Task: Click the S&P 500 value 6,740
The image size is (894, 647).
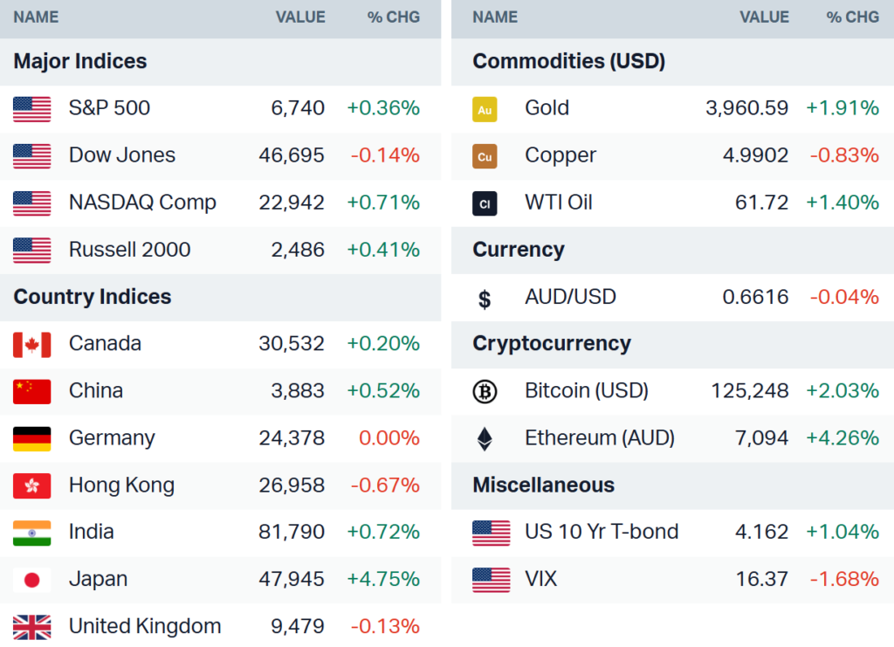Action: click(298, 108)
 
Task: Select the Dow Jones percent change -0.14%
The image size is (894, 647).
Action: click(385, 155)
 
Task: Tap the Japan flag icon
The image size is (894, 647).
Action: click(32, 580)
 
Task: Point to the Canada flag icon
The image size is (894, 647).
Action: click(32, 344)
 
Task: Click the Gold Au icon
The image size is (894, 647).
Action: click(485, 109)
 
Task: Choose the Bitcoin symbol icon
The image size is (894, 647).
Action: click(485, 392)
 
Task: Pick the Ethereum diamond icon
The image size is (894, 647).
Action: click(485, 438)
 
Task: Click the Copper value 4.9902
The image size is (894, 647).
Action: click(755, 155)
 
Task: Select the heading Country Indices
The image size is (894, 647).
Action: click(93, 297)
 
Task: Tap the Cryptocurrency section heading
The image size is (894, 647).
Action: click(551, 344)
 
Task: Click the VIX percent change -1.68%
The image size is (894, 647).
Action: click(844, 580)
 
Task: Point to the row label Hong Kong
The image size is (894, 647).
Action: click(121, 485)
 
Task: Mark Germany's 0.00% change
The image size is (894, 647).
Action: click(389, 438)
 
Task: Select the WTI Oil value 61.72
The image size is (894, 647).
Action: click(761, 203)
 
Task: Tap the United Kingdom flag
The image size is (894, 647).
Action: click(32, 627)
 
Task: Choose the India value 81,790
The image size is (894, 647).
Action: click(292, 533)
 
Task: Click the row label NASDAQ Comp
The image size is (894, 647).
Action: click(142, 203)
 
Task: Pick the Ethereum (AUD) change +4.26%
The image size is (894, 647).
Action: click(842, 438)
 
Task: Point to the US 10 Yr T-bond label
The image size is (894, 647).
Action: click(602, 533)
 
